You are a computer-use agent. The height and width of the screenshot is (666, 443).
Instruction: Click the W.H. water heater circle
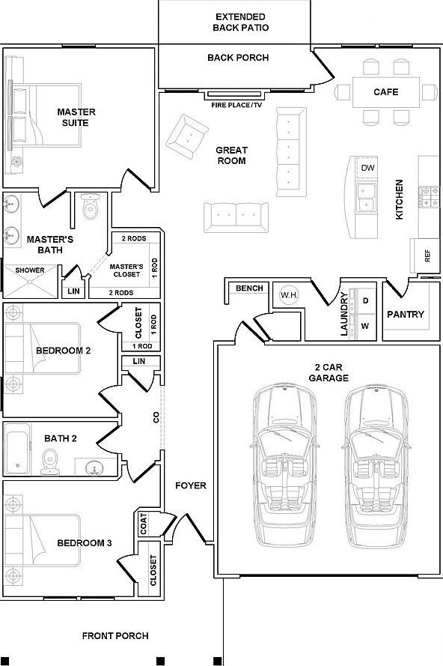tap(288, 295)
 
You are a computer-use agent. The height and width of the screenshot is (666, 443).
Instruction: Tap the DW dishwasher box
tap(367, 168)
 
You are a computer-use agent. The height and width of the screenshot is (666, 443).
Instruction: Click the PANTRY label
tap(406, 315)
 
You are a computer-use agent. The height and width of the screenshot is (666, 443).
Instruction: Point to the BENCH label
tap(248, 288)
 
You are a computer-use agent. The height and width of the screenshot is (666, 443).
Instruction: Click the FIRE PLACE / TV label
tap(236, 106)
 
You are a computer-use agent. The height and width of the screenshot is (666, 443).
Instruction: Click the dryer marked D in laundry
tap(366, 300)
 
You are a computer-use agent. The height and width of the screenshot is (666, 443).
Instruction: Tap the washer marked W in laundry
tap(366, 326)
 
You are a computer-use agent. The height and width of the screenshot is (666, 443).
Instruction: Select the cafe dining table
tap(385, 92)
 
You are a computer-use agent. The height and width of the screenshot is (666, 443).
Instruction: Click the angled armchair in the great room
tap(186, 137)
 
